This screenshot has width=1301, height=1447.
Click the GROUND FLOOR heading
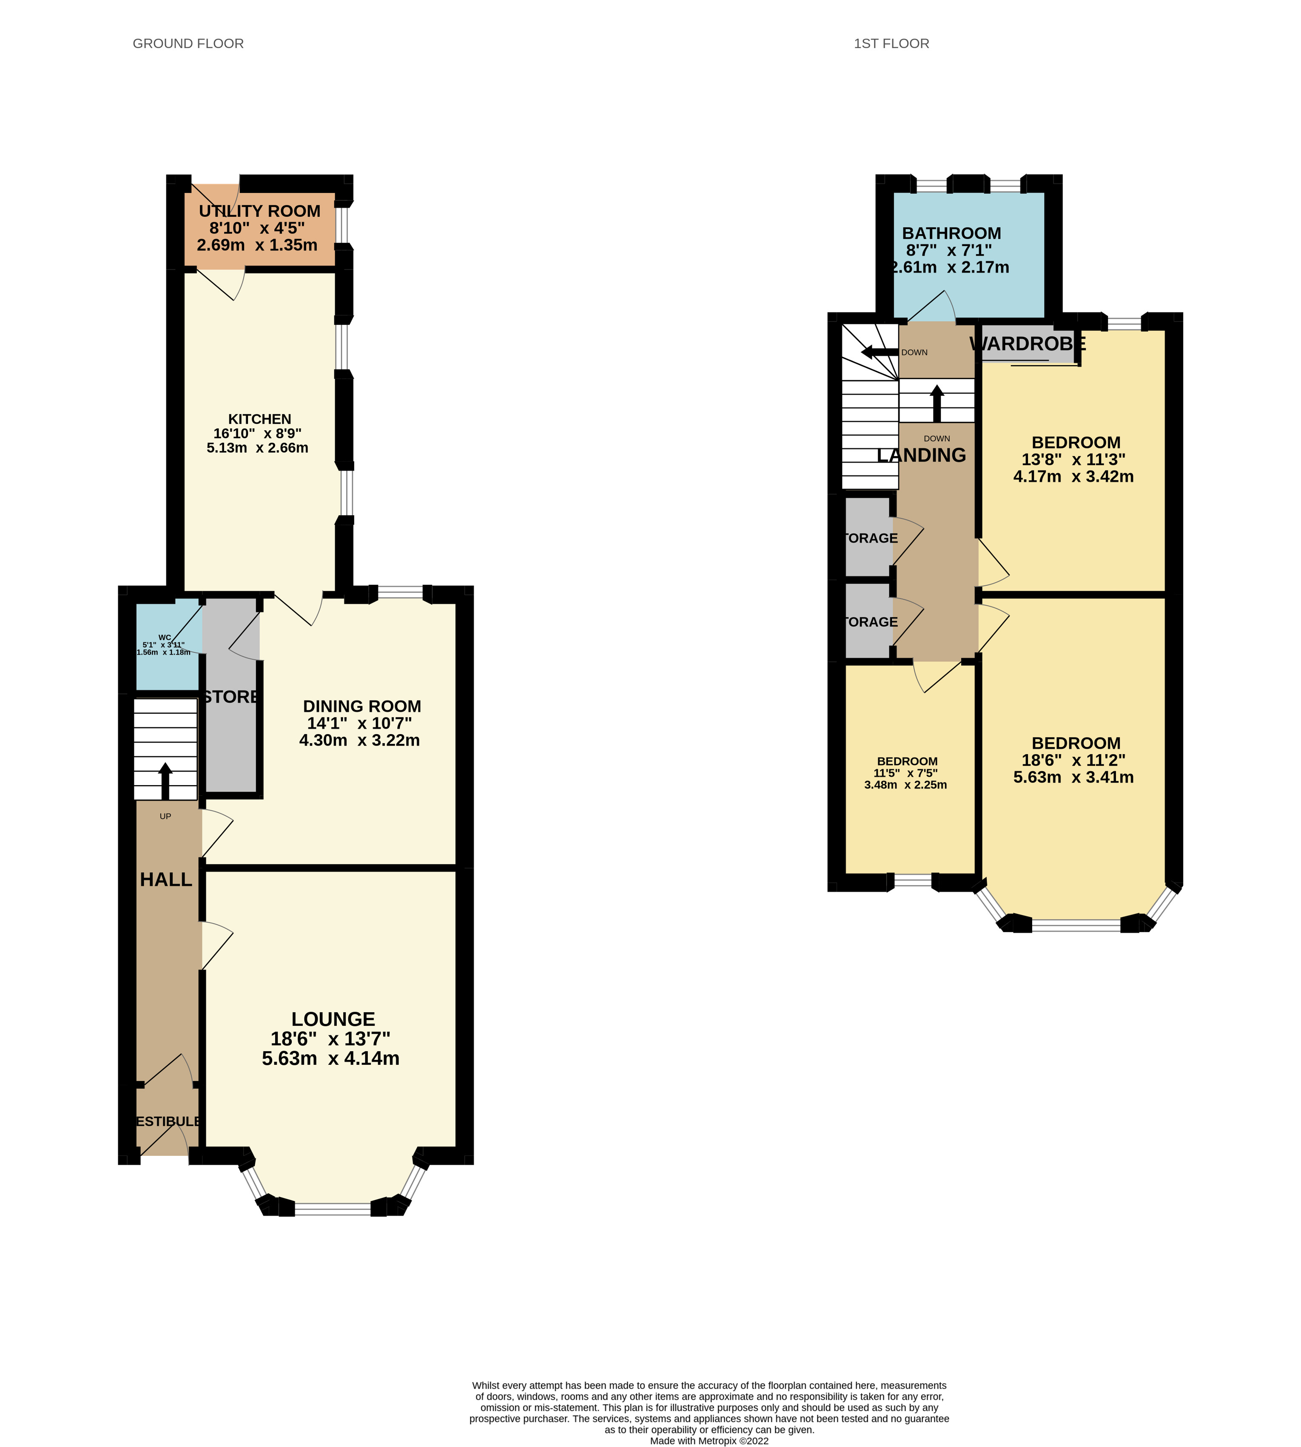[188, 44]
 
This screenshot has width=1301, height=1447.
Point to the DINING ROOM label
[362, 706]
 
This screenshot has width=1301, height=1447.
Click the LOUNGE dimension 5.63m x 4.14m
[330, 1058]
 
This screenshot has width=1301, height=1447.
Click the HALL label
[166, 880]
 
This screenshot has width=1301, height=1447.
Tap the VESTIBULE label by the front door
[167, 1121]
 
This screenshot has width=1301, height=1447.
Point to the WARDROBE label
[1027, 344]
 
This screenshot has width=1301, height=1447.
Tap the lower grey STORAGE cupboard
[868, 621]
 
